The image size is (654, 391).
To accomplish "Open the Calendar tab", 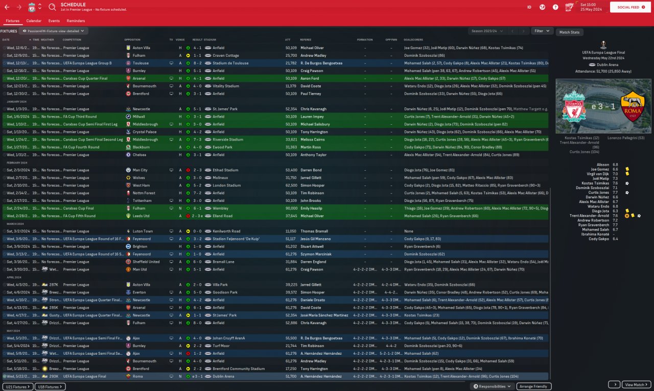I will coord(34,21).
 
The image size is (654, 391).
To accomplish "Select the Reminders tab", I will coord(76,21).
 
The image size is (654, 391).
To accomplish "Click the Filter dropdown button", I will coord(542,31).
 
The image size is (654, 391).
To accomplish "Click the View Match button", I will coord(637,384).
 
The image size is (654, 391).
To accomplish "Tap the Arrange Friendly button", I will coord(534,386).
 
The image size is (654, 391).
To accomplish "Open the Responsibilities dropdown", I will coord(493,386).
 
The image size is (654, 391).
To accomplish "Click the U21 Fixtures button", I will coord(17,387).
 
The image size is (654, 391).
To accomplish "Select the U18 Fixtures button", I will coord(52,387).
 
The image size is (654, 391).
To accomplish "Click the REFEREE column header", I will coord(306,39).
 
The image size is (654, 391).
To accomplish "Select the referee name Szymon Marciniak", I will coord(316,254).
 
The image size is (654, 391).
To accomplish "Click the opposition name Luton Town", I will coord(143,231).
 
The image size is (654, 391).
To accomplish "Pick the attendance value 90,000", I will coord(291,209).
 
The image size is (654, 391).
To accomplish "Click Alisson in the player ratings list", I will coord(603,165).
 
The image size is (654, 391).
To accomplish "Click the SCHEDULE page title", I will coord(73,4).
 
